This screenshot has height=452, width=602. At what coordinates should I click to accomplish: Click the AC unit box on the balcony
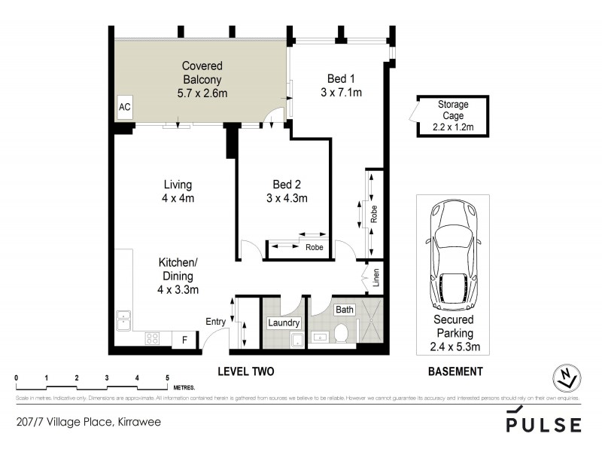[125, 107]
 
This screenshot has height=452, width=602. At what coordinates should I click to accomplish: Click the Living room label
[178, 191]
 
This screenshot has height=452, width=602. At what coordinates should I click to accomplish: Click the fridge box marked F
[183, 340]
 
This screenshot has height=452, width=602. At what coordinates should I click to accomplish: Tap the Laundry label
[284, 323]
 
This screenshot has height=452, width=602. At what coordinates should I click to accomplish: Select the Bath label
[345, 310]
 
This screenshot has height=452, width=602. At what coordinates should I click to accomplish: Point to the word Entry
[216, 322]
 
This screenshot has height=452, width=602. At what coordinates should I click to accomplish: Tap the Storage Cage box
[453, 116]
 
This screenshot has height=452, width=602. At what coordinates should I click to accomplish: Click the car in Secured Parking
[452, 256]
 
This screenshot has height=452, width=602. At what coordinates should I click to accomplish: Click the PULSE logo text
[544, 423]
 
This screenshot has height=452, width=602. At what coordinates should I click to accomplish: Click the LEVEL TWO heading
[245, 371]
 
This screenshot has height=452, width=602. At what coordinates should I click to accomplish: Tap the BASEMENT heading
[455, 371]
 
